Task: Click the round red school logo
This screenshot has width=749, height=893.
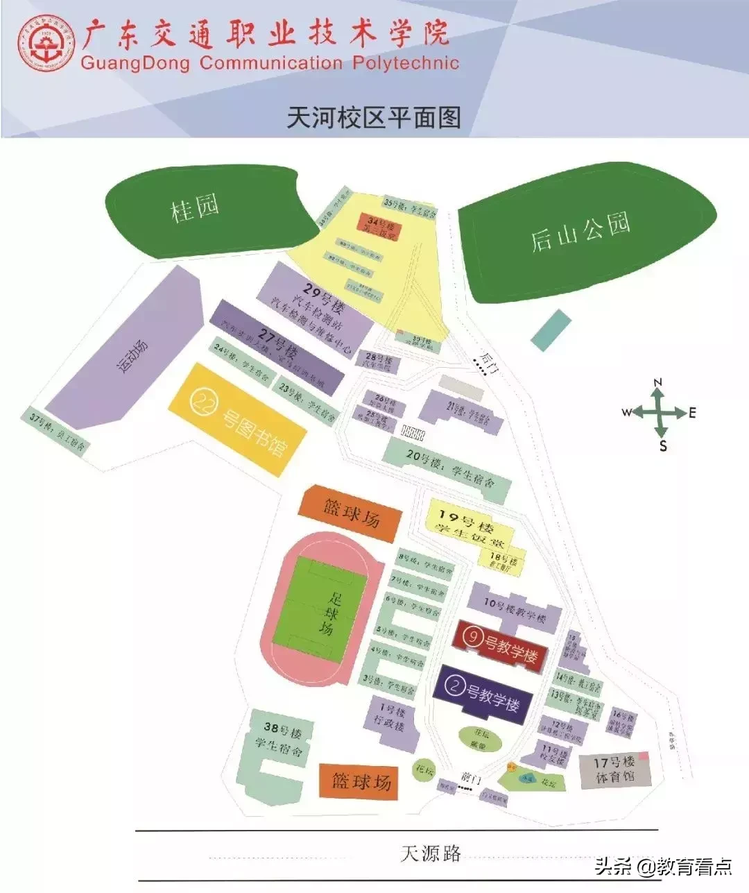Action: click(x=47, y=43)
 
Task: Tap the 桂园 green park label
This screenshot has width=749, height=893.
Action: click(x=195, y=207)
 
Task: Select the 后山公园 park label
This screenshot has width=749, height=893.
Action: click(x=580, y=232)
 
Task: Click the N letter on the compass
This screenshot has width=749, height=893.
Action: click(x=658, y=382)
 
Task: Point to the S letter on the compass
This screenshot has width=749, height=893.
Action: click(x=663, y=446)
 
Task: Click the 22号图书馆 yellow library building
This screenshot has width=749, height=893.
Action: click(x=239, y=419)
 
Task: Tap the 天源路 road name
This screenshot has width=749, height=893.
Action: click(x=431, y=853)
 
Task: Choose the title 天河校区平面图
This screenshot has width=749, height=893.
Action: click(x=374, y=117)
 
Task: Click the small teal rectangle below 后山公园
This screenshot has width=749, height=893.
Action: click(x=551, y=329)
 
